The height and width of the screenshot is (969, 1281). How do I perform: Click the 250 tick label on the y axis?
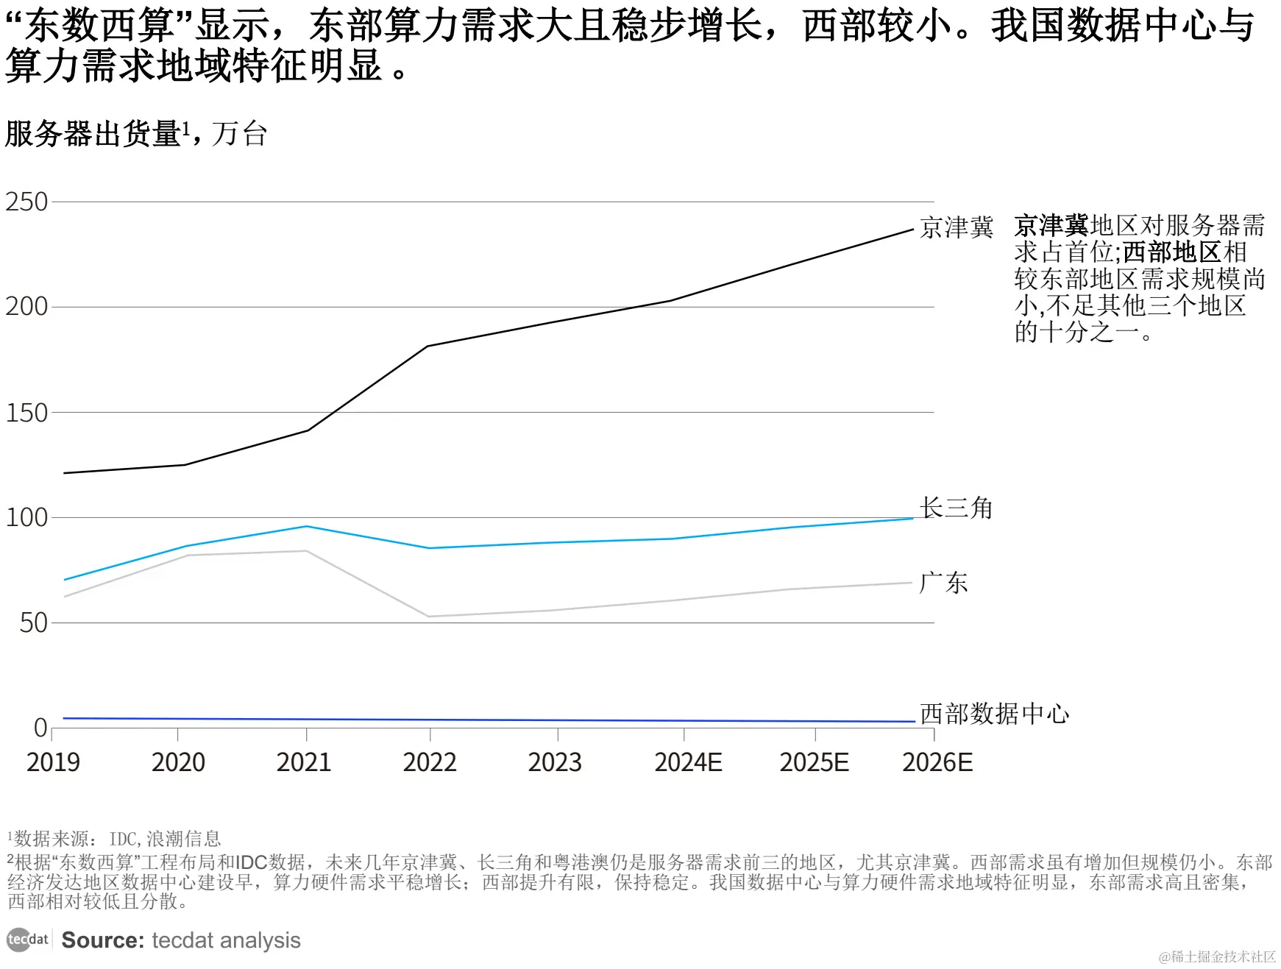(26, 202)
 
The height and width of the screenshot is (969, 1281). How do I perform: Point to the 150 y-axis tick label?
(26, 413)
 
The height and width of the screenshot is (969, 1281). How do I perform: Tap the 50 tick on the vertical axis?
(33, 623)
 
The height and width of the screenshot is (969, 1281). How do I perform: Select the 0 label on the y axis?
(40, 728)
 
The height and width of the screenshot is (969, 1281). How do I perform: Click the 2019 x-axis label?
(53, 762)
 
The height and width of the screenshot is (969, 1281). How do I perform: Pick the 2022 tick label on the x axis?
(430, 762)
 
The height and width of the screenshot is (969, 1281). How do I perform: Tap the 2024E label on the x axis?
(688, 762)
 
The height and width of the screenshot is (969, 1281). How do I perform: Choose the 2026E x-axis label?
(937, 762)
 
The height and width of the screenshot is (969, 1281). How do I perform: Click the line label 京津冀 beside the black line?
(957, 227)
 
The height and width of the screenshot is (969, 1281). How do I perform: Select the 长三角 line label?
(956, 508)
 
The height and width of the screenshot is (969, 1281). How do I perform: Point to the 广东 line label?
(943, 583)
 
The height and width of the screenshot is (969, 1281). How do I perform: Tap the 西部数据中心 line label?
(994, 713)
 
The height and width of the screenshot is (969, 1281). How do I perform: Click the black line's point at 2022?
(428, 346)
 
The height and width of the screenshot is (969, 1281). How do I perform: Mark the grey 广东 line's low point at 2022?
(429, 617)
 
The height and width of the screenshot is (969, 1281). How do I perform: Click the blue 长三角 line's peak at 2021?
(306, 526)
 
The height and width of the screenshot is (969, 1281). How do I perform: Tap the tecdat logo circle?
(18, 940)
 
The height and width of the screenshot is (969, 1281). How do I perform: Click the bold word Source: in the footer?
(103, 940)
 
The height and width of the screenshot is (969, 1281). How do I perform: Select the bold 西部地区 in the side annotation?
(1172, 252)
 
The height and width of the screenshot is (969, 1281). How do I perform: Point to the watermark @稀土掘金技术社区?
(1217, 956)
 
